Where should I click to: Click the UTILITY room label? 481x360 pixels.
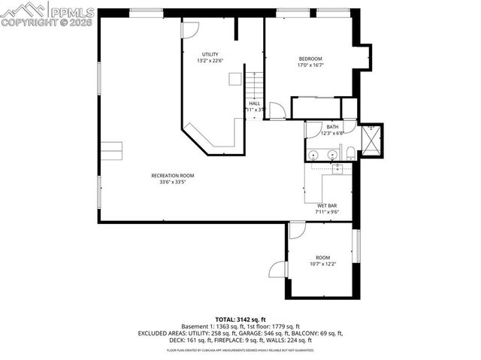[x=210, y=54]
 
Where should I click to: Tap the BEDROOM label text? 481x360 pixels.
[x=310, y=59]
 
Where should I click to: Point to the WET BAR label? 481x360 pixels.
[x=326, y=205]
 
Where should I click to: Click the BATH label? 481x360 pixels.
[x=331, y=126]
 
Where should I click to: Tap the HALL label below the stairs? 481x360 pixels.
[x=255, y=103]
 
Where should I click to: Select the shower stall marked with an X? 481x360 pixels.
[x=371, y=141]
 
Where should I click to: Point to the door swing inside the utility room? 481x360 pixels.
[x=189, y=31]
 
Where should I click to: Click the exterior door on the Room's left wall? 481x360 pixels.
[x=280, y=268]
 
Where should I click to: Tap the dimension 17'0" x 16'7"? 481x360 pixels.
[x=310, y=65]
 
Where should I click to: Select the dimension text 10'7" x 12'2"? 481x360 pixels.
[x=322, y=264]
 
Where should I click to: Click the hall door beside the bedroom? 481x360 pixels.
[x=277, y=111]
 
